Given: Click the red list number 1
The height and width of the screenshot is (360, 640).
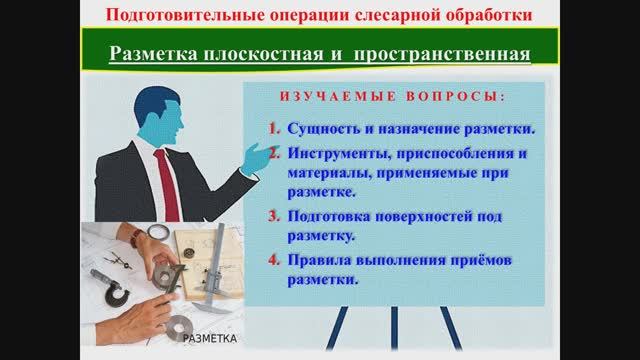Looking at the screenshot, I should [x=275, y=129].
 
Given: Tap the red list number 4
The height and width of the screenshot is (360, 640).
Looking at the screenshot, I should [x=275, y=262].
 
